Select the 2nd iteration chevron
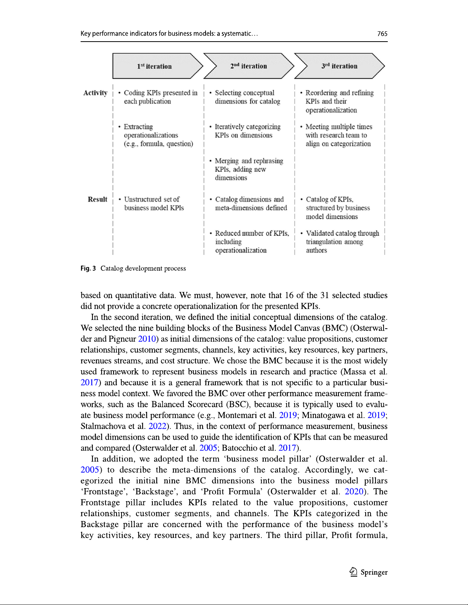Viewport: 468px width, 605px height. (x=249, y=66)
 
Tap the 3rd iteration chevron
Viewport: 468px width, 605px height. (x=339, y=66)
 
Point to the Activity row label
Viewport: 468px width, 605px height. (x=95, y=93)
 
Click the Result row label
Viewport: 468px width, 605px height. (x=97, y=199)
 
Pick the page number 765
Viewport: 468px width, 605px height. (x=382, y=34)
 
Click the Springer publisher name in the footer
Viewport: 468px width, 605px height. (x=374, y=572)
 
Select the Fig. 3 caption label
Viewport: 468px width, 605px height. (x=88, y=268)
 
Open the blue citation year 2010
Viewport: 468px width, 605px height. (x=147, y=339)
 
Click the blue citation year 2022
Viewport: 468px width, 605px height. (x=157, y=426)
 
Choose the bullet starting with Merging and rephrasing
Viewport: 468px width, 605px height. (x=249, y=169)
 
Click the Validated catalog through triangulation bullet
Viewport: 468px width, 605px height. (x=342, y=242)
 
